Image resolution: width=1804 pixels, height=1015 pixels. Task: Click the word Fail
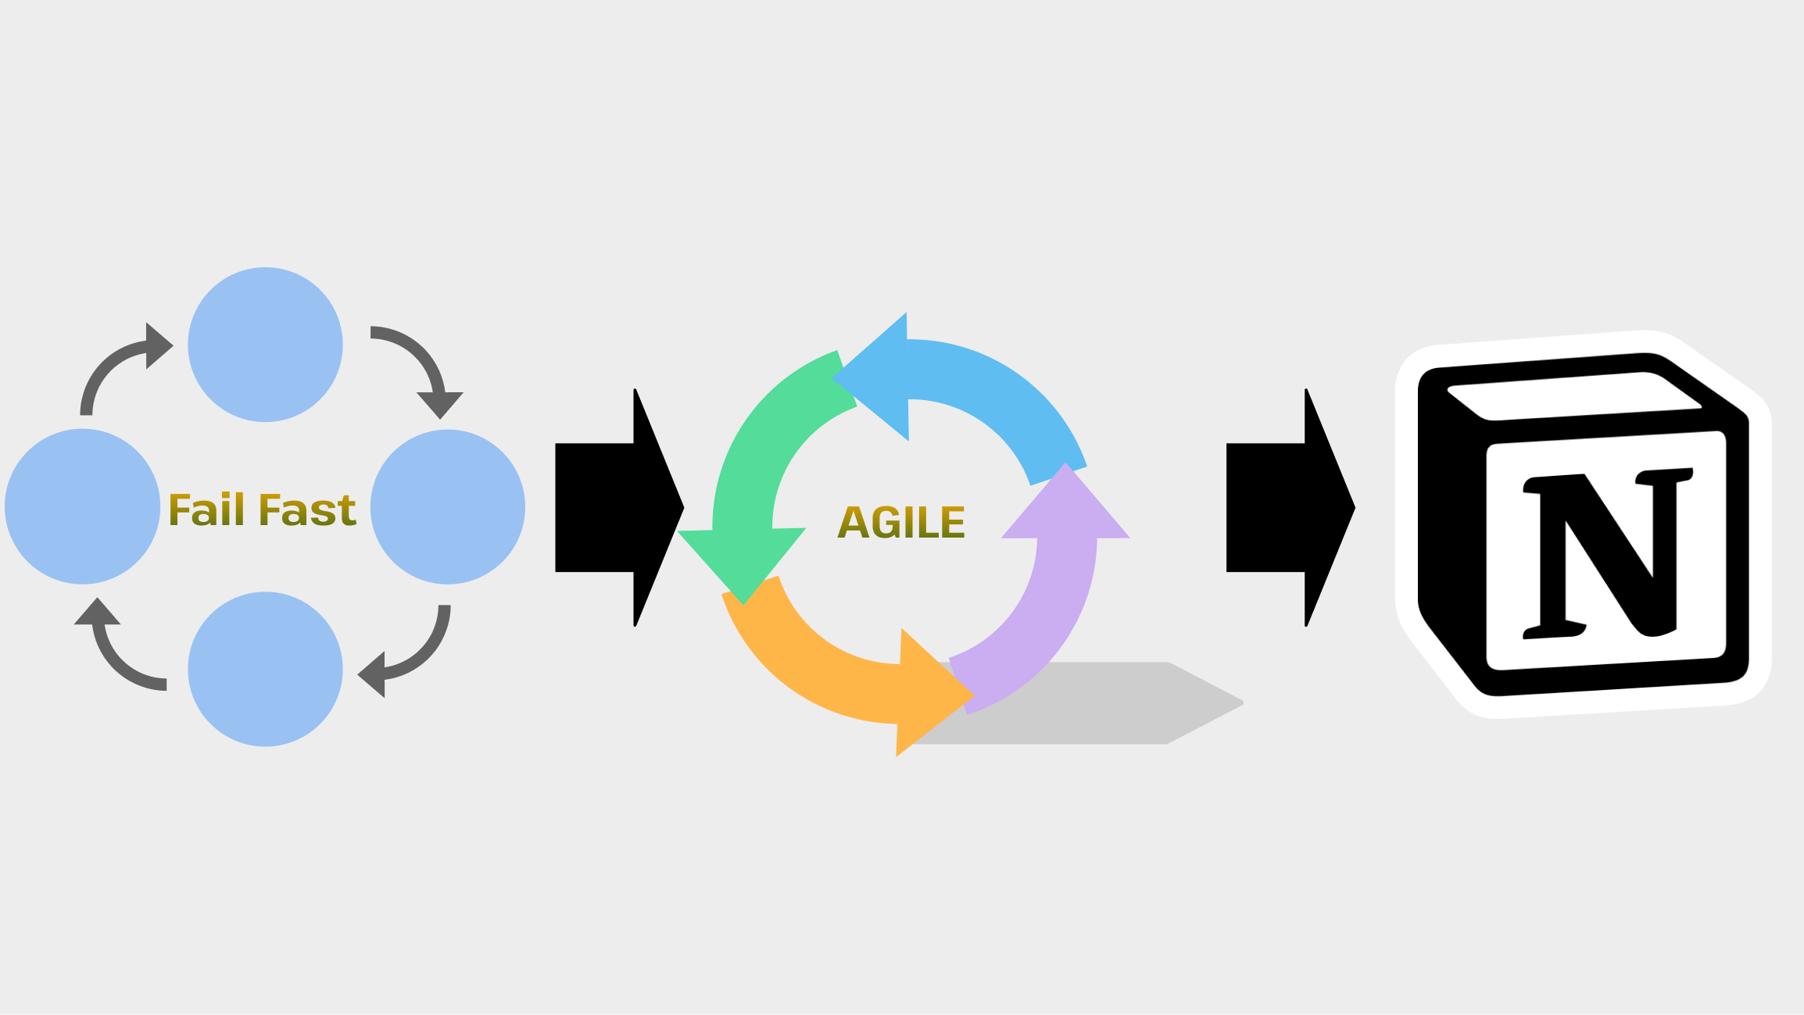coord(206,510)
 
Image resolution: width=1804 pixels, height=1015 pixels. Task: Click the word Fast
coord(307,510)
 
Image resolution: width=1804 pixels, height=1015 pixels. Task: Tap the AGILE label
coord(901,523)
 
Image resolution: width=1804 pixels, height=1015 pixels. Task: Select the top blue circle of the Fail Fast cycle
coord(265,345)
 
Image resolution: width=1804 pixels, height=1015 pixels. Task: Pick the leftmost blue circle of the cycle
coord(82,506)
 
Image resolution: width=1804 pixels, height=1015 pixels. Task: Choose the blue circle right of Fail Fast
coord(447,506)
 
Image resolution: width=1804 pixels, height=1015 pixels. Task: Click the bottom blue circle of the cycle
coord(265,669)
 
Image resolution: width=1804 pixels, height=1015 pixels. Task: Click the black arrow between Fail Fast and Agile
coord(617,507)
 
